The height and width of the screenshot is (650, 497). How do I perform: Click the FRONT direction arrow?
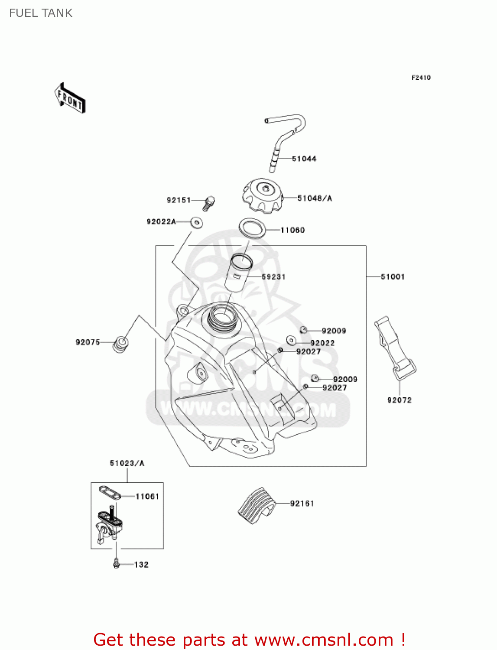70,98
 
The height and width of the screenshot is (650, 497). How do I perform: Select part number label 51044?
304,159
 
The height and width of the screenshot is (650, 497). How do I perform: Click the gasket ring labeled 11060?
252,228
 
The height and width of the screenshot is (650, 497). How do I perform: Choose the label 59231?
273,277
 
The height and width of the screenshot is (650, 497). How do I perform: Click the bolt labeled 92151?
209,202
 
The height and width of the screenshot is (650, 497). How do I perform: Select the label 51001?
393,277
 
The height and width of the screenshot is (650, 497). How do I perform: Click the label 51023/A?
127,464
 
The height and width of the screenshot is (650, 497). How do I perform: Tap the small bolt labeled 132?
116,563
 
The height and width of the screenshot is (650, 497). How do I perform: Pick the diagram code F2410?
421,78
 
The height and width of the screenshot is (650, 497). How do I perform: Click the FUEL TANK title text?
41,13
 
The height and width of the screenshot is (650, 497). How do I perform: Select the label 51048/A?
315,198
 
